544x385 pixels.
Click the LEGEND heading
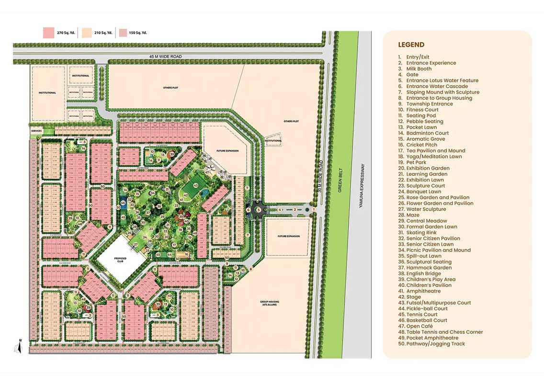[411, 45]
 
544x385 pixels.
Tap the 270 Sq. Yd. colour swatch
[48, 33]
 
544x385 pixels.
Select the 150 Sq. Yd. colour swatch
[123, 33]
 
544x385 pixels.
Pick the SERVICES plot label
[36, 131]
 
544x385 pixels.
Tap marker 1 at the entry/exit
[314, 209]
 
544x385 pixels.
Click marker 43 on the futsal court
[195, 185]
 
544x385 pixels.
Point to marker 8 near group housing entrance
[250, 269]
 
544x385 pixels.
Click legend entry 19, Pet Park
[416, 162]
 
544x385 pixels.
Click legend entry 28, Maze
[412, 215]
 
